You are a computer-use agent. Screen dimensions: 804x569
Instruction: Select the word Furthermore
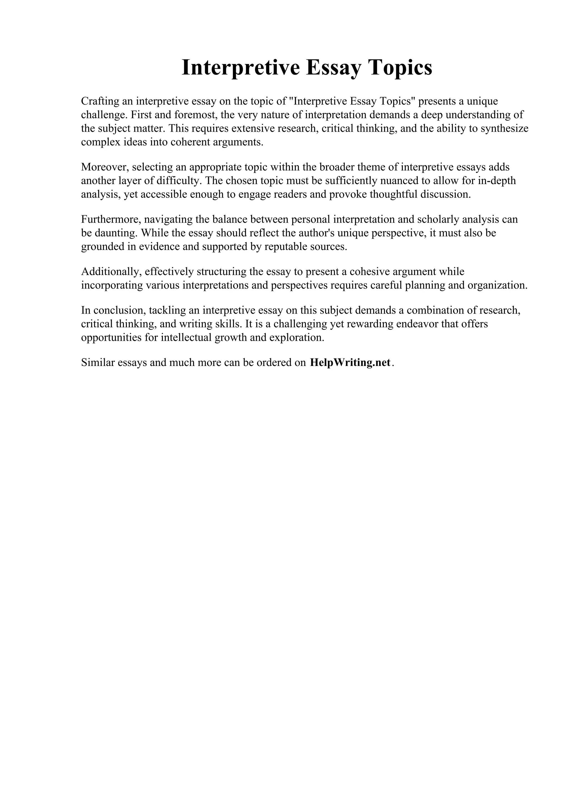coord(111,219)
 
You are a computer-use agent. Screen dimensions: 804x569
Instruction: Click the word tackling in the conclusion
coord(167,310)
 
